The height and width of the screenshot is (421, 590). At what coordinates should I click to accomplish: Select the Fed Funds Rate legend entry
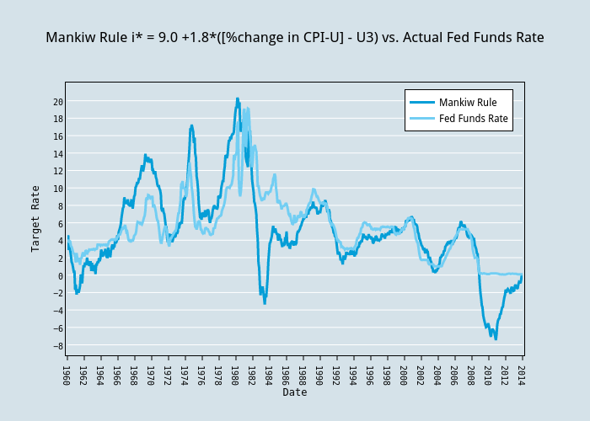tap(473, 119)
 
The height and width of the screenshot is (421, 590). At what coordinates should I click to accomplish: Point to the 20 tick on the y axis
tap(58, 102)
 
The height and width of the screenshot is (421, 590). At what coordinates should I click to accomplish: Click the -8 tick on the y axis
tap(58, 346)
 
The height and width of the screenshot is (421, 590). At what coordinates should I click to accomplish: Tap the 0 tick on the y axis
tap(60, 276)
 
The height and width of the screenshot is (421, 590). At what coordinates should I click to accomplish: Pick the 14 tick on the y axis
tap(58, 154)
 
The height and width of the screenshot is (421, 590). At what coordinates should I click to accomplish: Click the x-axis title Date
tap(295, 392)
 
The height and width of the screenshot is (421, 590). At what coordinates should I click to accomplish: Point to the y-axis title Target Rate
tap(36, 218)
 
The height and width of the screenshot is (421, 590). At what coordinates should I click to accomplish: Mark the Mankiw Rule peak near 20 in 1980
tap(238, 99)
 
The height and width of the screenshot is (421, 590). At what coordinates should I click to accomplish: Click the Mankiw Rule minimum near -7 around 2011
tap(496, 338)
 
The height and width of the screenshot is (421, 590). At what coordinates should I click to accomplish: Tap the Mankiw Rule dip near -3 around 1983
tap(265, 302)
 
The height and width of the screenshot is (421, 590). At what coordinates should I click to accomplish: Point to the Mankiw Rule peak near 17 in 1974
tap(191, 125)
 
